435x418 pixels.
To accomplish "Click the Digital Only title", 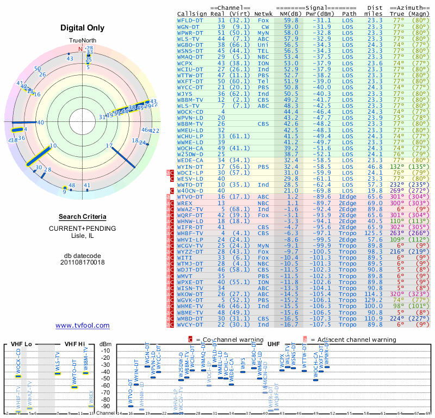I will (82, 28).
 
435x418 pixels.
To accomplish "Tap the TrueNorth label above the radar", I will (82, 41).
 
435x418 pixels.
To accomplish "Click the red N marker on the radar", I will (80, 49).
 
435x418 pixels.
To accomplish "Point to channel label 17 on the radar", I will (109, 145).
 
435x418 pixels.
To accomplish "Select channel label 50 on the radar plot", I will (38, 69).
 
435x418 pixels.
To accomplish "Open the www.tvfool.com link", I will (82, 325).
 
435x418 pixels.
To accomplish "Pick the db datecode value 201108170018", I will (82, 262).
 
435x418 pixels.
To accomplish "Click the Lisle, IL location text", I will (82, 236).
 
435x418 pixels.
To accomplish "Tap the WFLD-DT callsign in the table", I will (190, 20).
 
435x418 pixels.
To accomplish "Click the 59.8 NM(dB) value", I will (290, 20).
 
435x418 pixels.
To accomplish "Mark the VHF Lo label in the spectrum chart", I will (21, 344).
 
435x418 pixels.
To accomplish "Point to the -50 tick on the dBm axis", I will (105, 378).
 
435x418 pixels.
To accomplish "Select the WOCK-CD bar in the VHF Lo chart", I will (18, 376).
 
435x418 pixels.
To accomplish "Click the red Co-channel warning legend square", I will (190, 339).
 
